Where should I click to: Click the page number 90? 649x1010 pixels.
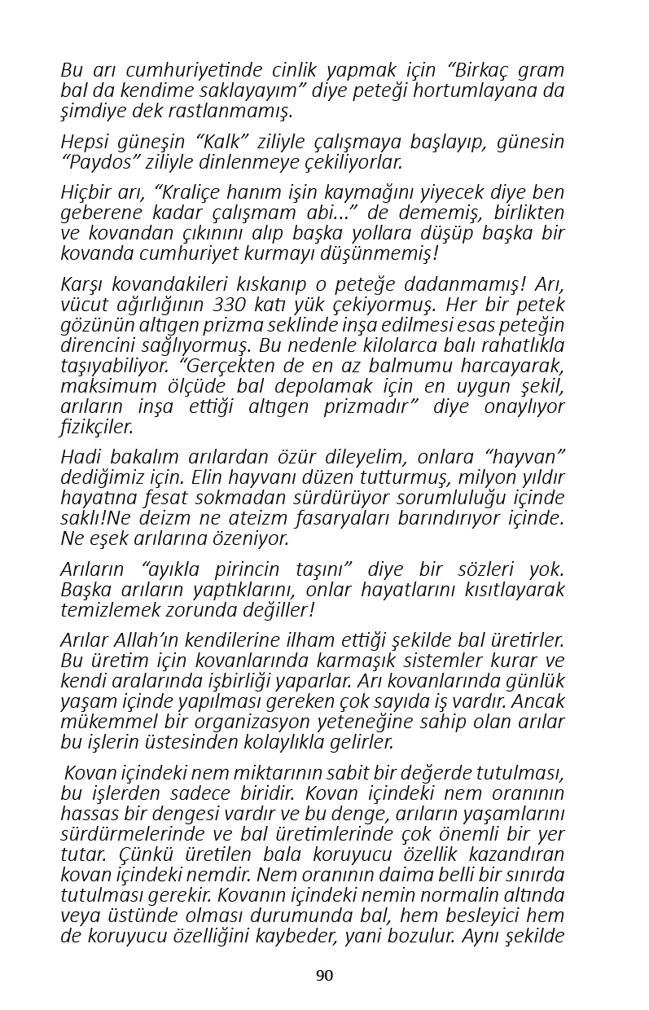(x=324, y=976)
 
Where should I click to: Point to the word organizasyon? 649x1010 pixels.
(x=266, y=722)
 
